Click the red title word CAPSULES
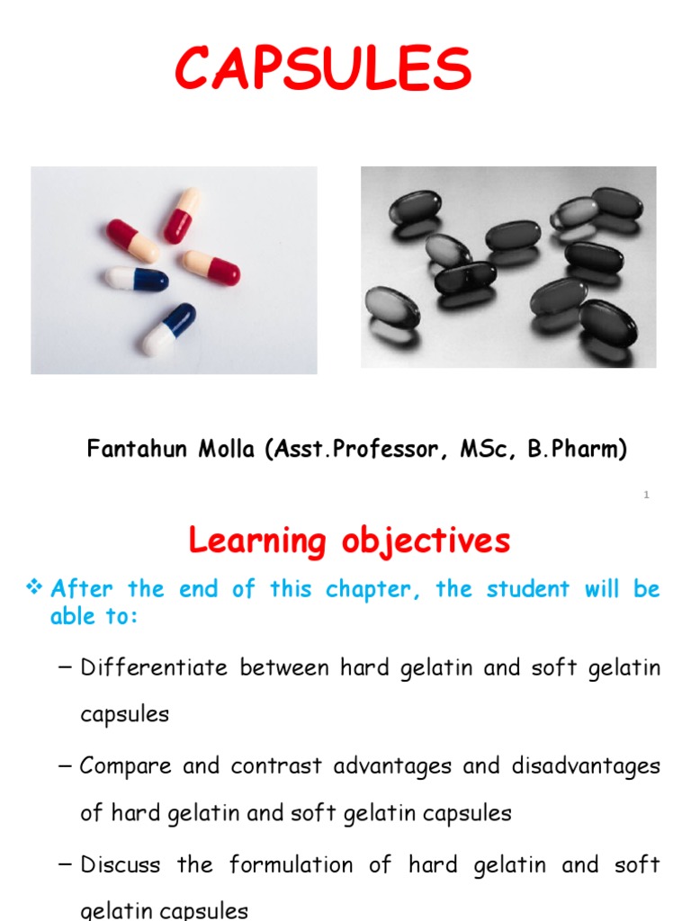point(323,69)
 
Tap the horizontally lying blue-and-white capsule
point(136,278)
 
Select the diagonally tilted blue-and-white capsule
point(168,328)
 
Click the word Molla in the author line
point(216,450)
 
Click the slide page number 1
point(646,496)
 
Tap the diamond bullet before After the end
point(35,589)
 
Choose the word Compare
point(125,766)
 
